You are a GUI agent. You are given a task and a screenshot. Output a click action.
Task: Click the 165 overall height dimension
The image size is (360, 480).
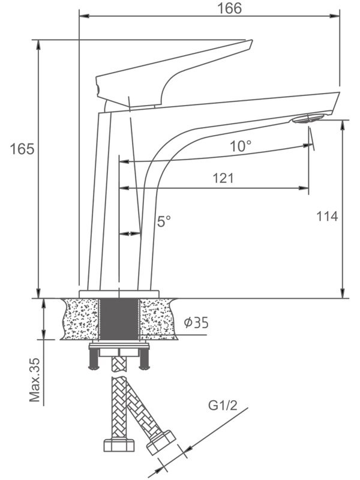point(22,149)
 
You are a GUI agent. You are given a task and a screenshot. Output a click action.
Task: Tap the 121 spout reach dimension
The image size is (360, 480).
point(223,178)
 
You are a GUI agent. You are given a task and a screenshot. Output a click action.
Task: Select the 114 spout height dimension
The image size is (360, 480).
point(327,216)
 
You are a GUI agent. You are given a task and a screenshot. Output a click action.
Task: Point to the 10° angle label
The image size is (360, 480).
point(241,146)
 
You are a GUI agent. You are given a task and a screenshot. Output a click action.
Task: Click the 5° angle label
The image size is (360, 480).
point(164,221)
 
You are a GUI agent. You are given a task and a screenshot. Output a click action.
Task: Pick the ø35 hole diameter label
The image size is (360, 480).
point(196,323)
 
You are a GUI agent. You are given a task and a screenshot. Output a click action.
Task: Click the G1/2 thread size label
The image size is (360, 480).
point(223,406)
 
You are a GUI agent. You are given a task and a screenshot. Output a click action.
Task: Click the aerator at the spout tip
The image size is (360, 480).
point(308,118)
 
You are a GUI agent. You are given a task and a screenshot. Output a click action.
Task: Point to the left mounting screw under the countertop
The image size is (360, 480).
point(94,359)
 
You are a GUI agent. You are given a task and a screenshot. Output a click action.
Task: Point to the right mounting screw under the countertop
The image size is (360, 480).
point(144,359)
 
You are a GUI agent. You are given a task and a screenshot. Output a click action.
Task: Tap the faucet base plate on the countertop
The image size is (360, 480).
point(119,293)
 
